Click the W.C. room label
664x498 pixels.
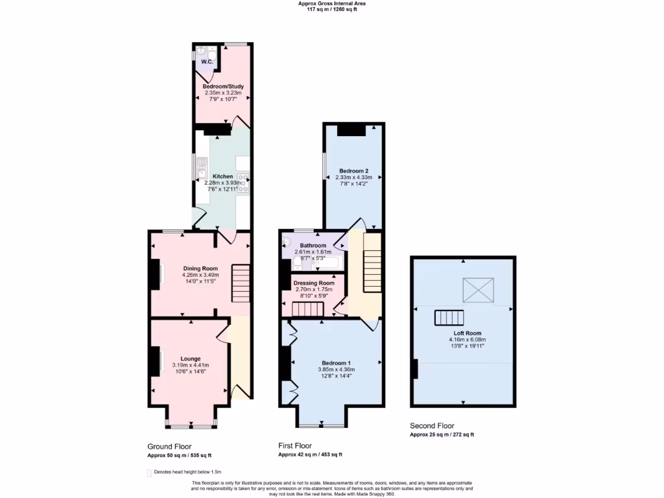coord(207,62)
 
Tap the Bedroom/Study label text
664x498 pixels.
coord(223,86)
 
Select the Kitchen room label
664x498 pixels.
coord(222,176)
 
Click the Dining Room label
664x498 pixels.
coord(200,268)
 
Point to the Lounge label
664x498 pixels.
coord(190,359)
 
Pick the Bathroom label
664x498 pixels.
coord(313,246)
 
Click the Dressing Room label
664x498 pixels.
coord(314,283)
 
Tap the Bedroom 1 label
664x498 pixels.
coord(336,362)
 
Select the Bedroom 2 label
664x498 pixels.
coord(353,171)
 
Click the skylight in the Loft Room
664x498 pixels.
coord(479,290)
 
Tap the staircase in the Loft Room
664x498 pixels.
coord(450,318)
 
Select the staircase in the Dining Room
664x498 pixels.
coord(241,283)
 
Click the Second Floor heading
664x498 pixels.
coord(432,425)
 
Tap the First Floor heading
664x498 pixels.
coord(295,446)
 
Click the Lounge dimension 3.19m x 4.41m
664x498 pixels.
coord(191,366)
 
